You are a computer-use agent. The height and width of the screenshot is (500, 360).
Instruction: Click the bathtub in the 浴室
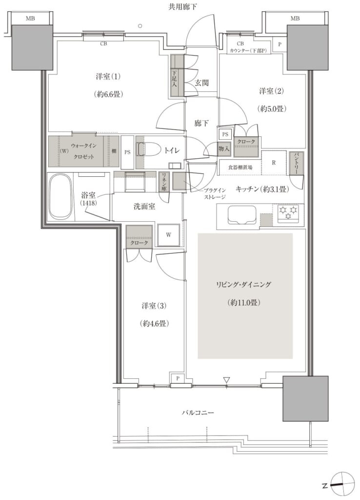pos(60,197)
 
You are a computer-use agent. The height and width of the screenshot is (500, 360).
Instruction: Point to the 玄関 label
pos(201,83)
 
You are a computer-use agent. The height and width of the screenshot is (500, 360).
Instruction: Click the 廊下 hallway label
pos(201,123)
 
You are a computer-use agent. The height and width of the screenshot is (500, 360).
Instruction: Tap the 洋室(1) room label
pos(108,77)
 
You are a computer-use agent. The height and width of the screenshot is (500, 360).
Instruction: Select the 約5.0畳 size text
pos(272,109)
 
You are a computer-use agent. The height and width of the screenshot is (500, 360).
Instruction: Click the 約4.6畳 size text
pos(154,324)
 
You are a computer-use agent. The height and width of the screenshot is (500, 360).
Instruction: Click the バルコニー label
pos(198,412)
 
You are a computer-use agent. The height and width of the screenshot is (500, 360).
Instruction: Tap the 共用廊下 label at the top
pos(182,7)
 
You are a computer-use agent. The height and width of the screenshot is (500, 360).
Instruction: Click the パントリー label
pos(296,163)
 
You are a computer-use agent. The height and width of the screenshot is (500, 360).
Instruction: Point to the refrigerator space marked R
pos(273,162)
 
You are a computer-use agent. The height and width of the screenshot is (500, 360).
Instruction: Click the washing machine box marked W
pos(168,235)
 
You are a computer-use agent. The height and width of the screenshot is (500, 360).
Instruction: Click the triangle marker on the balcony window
pos(226,380)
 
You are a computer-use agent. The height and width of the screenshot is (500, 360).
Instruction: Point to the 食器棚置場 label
pos(240,167)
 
